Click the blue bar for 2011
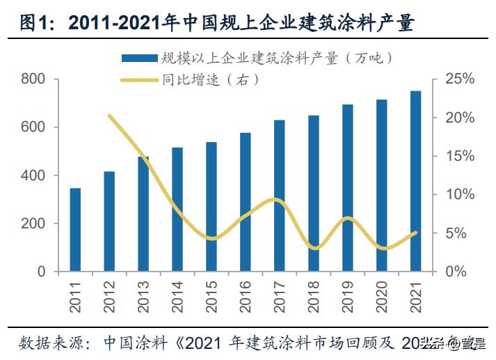coord(75,229)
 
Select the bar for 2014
coord(177,209)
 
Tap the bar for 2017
coord(280,195)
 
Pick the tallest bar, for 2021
coord(415,180)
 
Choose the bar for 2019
coord(348,187)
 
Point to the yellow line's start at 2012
coord(110,116)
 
